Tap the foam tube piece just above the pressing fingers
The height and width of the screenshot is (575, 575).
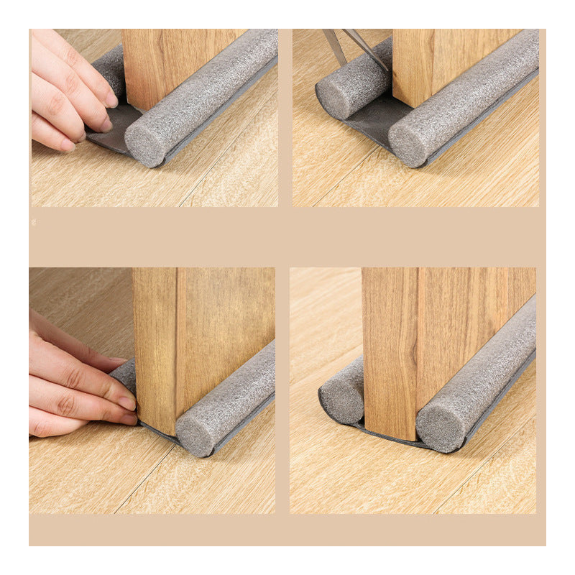124,374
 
